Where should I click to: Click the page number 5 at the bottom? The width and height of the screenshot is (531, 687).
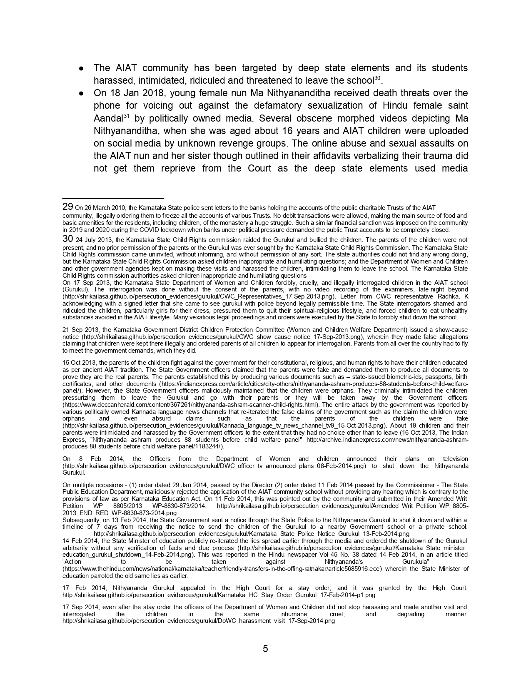(265, 649)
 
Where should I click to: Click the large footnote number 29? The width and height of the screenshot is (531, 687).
(68, 207)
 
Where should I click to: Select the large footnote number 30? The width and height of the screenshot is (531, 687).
(68, 239)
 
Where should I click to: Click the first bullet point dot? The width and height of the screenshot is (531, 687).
(82, 68)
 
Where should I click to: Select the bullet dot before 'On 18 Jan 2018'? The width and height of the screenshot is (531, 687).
(82, 93)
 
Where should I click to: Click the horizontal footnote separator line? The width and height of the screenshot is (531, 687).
(113, 199)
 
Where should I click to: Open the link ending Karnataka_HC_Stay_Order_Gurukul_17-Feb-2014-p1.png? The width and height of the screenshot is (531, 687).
(219, 595)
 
